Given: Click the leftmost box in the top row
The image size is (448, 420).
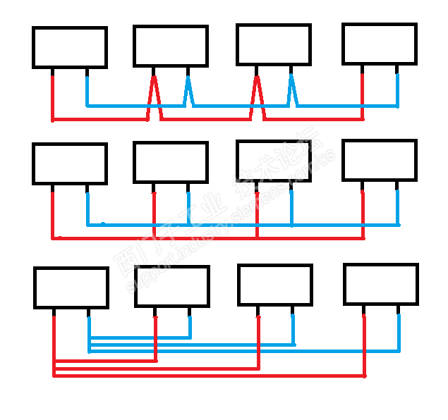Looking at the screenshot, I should coord(69,47).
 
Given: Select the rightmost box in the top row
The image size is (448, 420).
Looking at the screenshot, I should coord(379,44).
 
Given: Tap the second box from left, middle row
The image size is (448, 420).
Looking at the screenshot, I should coord(171,163).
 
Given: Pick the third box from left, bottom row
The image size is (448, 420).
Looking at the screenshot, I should coord(274,285).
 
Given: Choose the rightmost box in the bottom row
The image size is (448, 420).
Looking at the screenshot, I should coord(381,284).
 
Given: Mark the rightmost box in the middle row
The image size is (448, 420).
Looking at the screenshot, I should coord(379,161).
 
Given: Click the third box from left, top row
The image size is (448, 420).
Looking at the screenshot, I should coord(273,45).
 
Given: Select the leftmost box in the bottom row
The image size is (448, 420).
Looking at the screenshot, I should coord(71,288).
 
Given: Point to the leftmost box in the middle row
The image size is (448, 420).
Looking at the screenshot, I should coord(69,164).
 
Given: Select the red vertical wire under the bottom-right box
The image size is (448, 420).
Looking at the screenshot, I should coord(364,345).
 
